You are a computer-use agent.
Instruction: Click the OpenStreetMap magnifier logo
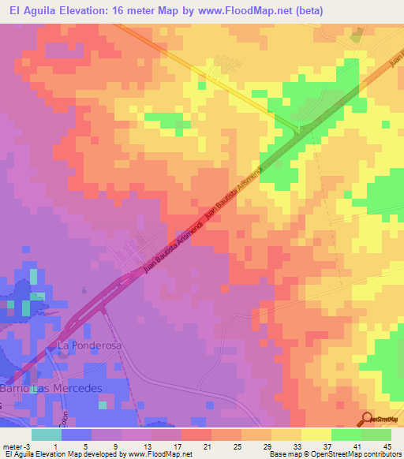[x=367, y=419]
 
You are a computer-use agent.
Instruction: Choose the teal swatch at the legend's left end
[x=46, y=435]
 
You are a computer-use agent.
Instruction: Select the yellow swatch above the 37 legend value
[x=316, y=435]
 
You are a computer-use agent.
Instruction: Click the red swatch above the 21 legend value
[x=196, y=435]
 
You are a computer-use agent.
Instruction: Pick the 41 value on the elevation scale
[x=359, y=446]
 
